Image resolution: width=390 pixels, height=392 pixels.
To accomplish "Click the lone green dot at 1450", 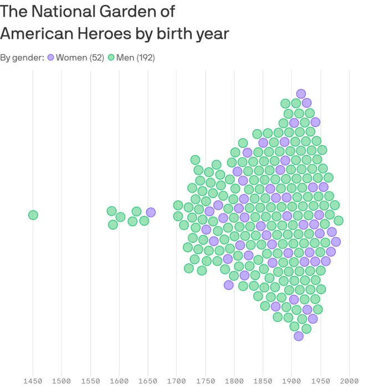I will click(33, 215).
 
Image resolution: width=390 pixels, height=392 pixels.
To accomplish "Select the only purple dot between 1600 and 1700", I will click(151, 212).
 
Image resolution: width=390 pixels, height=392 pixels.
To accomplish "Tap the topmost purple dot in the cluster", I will click(301, 94).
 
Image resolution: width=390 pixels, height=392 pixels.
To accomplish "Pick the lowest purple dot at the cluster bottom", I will click(299, 336).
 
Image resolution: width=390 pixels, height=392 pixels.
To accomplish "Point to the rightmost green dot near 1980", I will click(338, 221).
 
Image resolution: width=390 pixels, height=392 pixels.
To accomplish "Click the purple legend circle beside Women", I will click(51, 58).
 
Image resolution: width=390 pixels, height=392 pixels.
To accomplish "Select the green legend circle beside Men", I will click(111, 58).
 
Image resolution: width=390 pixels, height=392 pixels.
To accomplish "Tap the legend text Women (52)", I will click(80, 58).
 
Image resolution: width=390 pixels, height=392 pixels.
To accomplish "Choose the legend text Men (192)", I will click(135, 58).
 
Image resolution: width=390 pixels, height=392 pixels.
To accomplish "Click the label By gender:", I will click(22, 58).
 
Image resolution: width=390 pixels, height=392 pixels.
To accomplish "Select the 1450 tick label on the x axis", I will click(33, 381).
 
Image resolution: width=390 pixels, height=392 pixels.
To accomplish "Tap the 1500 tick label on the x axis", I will click(61, 381).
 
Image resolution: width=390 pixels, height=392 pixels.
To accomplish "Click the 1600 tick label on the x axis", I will click(119, 381).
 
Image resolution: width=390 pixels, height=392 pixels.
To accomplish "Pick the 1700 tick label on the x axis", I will click(177, 381).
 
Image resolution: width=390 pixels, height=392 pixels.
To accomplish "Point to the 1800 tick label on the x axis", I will click(234, 381).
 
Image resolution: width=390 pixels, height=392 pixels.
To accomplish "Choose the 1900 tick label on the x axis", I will click(292, 381).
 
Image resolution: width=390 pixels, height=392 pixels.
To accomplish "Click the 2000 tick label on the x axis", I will click(350, 381).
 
